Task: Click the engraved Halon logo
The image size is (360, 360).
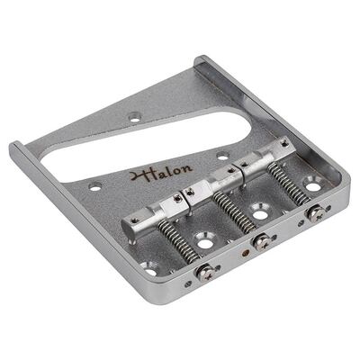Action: tap(161, 172)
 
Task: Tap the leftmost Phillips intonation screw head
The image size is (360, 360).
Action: tap(205, 273)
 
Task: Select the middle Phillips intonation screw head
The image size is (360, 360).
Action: tap(263, 242)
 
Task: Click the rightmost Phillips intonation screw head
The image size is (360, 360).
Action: tap(315, 213)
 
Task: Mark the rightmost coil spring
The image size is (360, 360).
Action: tap(288, 184)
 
